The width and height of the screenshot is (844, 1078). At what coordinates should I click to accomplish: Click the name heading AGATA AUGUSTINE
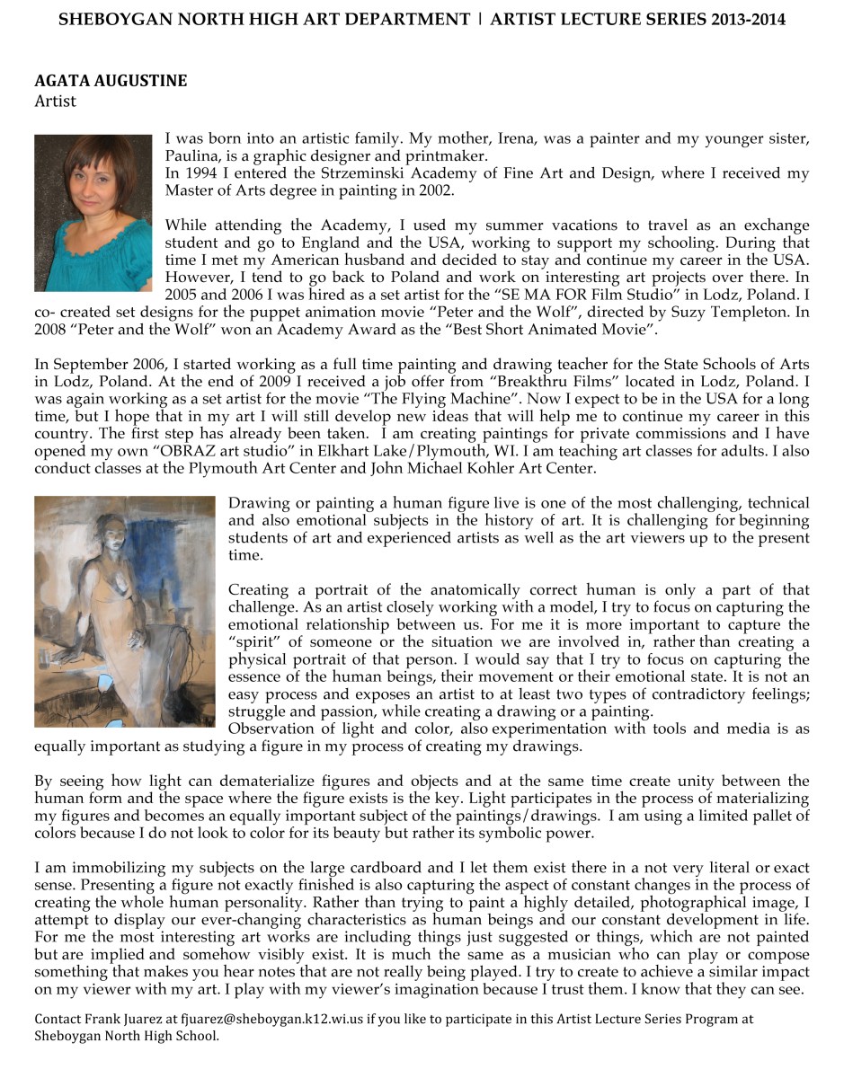tap(111, 81)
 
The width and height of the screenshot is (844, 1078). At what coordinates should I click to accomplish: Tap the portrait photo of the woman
tap(93, 213)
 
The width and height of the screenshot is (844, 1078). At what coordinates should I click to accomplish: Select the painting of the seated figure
tap(125, 611)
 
